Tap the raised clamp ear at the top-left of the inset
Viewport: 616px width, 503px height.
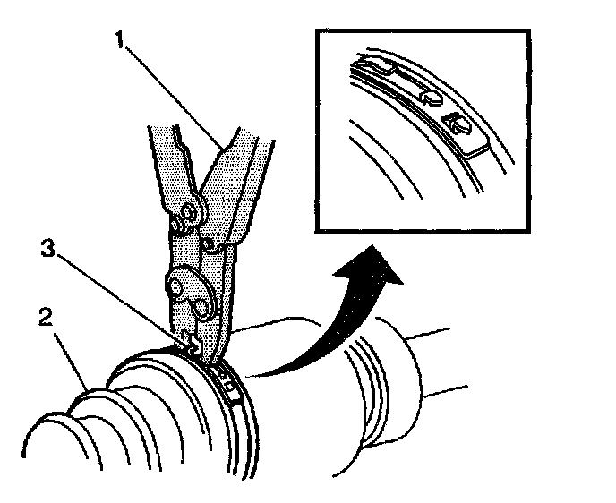click(x=374, y=64)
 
